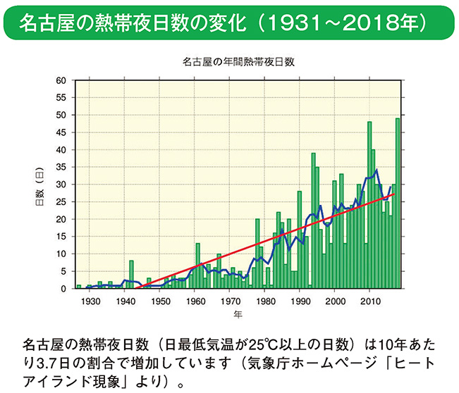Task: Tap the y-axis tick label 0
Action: point(63,288)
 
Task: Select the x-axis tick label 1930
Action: point(90,301)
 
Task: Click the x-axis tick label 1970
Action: point(230,301)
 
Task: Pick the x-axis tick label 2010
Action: point(370,301)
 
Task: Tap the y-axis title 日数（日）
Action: point(39,185)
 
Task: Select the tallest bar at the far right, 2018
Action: point(398,204)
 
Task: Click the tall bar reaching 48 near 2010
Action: point(369,205)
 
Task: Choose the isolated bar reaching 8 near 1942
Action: point(131,275)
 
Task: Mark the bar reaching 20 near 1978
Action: point(257,254)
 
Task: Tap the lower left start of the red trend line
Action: point(134,288)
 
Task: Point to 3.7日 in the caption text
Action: point(54,365)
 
